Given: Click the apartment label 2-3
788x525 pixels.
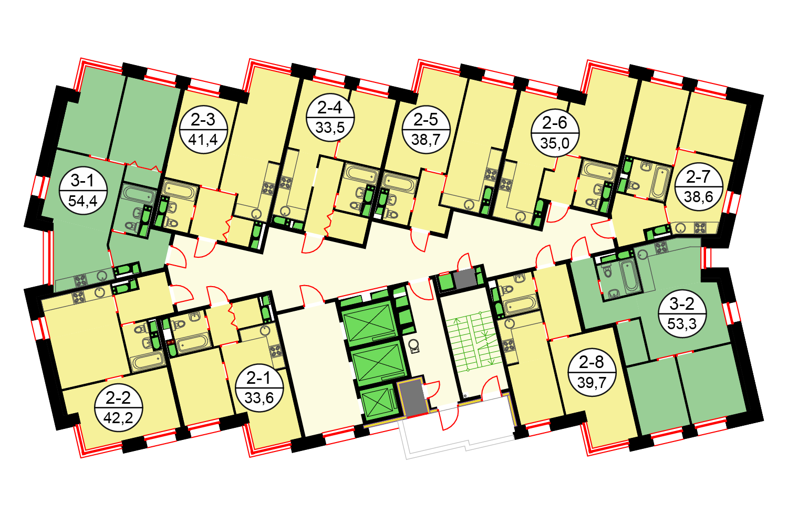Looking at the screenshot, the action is (x=203, y=120).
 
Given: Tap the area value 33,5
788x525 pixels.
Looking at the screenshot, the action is (x=329, y=128).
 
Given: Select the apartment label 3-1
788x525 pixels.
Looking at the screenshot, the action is (x=82, y=181).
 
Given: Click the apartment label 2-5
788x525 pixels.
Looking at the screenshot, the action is (x=426, y=120).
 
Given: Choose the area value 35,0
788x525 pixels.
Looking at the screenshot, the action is (x=555, y=143).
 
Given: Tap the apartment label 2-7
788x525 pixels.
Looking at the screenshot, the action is (x=699, y=176).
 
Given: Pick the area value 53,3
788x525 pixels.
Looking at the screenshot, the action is (x=682, y=323).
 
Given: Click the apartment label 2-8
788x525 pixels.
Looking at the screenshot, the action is (x=592, y=362).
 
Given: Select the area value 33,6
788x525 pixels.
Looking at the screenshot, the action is (x=259, y=398).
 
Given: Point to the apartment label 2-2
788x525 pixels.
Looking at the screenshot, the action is (x=118, y=398).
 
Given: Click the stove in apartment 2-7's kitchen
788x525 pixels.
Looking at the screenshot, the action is (x=700, y=228).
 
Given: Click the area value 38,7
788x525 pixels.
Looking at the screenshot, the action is (x=426, y=140).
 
